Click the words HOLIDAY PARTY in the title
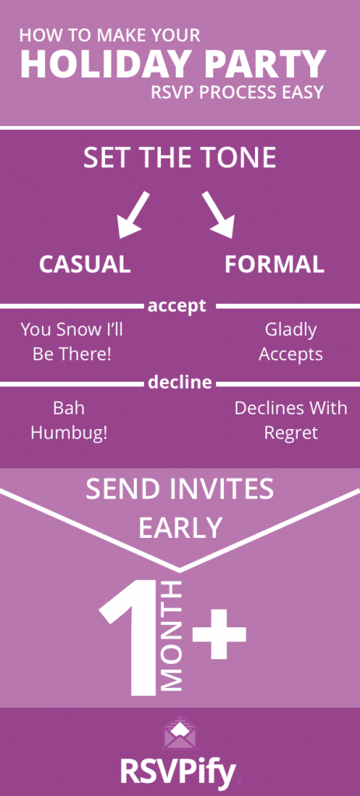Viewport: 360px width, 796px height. (x=173, y=64)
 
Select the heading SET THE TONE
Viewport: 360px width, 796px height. (x=180, y=158)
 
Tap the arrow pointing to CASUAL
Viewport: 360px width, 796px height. (x=134, y=215)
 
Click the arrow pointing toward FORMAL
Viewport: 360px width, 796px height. (x=218, y=215)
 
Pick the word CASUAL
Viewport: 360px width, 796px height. (x=85, y=264)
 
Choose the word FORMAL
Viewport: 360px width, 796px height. (x=274, y=264)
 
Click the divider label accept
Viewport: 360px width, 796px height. (x=177, y=305)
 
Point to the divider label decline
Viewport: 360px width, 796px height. (x=180, y=382)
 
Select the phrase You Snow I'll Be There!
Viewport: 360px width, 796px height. (x=72, y=342)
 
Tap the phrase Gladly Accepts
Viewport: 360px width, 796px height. (x=291, y=342)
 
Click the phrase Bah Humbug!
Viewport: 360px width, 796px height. (x=68, y=421)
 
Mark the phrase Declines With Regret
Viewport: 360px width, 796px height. (x=291, y=421)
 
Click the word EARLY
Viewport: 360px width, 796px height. (x=180, y=528)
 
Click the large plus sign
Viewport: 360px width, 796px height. (x=218, y=634)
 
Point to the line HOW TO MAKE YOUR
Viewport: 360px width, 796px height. (x=110, y=35)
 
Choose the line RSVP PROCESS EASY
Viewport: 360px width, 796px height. (x=237, y=93)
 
